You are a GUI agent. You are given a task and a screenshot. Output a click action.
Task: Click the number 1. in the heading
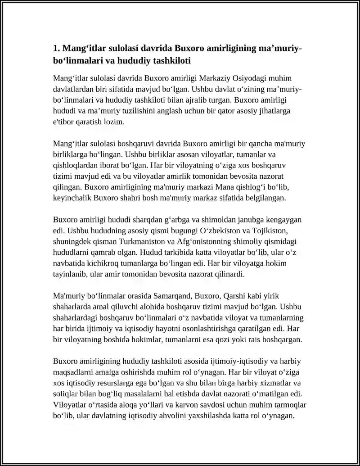pyautogui.click(x=57, y=48)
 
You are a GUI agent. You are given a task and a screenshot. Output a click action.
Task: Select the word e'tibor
pyautogui.click(x=63, y=122)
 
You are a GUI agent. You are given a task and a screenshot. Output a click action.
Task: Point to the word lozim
pyautogui.click(x=114, y=122)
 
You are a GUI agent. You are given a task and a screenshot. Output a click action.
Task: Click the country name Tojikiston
pyautogui.click(x=278, y=231)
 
